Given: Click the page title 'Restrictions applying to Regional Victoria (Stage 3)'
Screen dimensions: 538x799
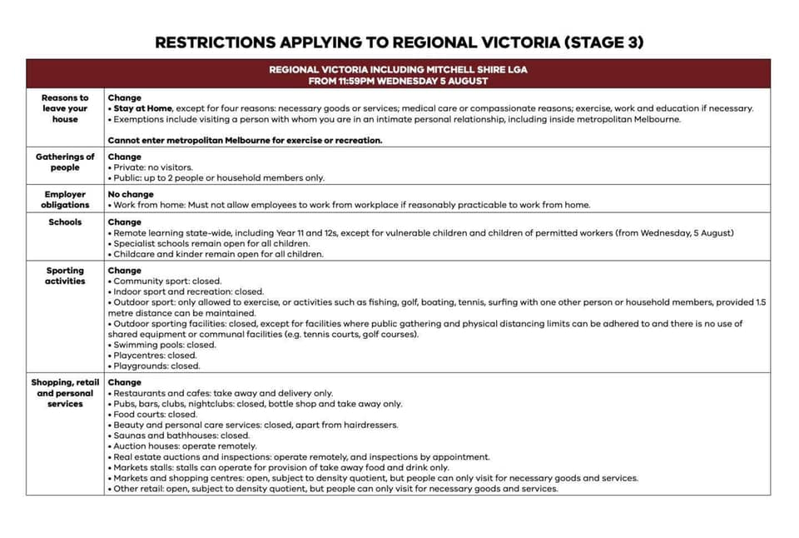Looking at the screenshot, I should pos(399,42).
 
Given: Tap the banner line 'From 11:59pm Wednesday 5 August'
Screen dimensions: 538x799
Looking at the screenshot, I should pos(398,81).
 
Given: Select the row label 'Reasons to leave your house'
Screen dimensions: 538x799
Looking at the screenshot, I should pos(65,108).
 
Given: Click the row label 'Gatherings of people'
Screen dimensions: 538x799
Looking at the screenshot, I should pos(65,162).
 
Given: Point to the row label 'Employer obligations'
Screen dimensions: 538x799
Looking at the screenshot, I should pos(65,199).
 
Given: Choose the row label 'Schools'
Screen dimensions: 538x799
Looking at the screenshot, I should pos(65,222).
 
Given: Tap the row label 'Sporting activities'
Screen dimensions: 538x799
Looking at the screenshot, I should pos(65,276).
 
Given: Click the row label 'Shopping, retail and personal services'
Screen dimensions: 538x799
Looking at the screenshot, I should pos(65,393).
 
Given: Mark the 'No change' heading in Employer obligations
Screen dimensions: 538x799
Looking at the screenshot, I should pos(131,194).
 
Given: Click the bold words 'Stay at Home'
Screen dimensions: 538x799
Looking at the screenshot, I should pos(139,108).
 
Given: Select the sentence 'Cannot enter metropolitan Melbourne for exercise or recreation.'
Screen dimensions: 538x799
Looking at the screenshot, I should pos(245,140).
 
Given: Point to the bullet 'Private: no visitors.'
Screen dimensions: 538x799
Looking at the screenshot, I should pos(152,167).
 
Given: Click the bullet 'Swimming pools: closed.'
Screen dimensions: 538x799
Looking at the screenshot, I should pos(164,345).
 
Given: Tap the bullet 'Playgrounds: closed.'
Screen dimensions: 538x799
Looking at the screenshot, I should pos(156,366).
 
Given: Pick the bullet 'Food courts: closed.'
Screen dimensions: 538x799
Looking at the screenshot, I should pos(155,414).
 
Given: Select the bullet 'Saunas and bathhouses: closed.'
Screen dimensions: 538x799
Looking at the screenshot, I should pos(181,436).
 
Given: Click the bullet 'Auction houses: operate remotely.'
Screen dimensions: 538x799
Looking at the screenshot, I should pos(185,446).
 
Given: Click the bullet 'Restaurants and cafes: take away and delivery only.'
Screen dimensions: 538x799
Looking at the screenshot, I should pos(222,393).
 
